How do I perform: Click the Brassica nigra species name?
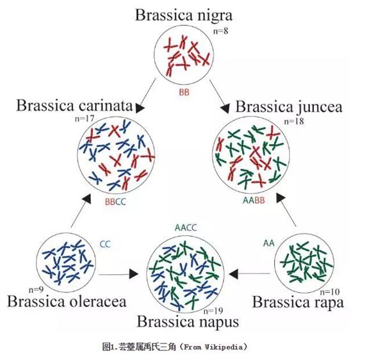[x=184, y=15]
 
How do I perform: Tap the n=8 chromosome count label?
[x=220, y=31]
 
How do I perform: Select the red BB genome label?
[x=184, y=92]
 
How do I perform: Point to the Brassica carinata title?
[x=74, y=105]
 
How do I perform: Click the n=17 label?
[x=85, y=119]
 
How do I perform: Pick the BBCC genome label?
[x=115, y=202]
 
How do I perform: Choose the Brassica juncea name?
[x=289, y=107]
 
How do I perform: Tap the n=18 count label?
[x=294, y=122]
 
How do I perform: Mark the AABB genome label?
[x=254, y=200]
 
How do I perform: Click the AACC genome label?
[x=186, y=227]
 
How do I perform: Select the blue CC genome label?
[x=105, y=244]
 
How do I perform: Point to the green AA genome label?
[x=269, y=243]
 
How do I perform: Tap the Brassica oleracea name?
[x=67, y=301]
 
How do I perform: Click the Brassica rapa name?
[x=298, y=303]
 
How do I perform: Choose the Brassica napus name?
[x=188, y=322]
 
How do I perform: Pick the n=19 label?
[x=213, y=311]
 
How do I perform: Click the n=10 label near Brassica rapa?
[x=330, y=292]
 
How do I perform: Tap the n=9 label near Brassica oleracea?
[x=36, y=290]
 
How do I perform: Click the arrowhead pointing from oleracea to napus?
[x=134, y=274]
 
